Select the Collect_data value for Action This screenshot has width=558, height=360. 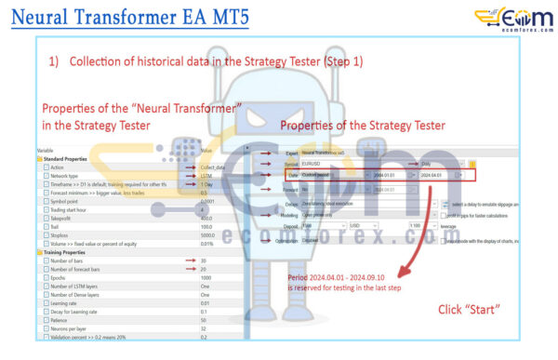coord(214,168)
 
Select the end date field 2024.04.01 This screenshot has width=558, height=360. coord(436,175)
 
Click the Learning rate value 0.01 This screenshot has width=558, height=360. coord(205,303)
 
